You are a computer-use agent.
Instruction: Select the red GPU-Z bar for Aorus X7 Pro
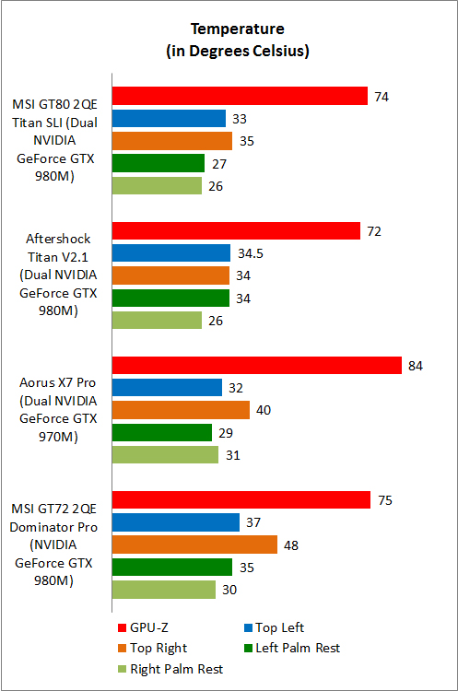(256, 366)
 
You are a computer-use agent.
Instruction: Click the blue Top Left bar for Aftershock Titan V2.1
(170, 252)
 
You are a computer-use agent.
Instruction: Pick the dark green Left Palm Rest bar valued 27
(158, 163)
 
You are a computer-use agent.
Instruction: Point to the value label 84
(417, 366)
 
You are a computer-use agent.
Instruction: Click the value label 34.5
(250, 252)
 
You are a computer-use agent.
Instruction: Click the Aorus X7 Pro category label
(56, 410)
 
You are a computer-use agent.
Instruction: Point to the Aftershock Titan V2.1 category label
(56, 275)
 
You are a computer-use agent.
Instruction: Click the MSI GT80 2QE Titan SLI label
(56, 140)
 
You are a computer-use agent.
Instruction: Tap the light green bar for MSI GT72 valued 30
(163, 590)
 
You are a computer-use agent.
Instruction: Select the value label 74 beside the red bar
(382, 96)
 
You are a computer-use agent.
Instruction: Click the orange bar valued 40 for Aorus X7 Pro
(180, 410)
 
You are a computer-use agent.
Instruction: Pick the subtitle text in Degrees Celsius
(238, 51)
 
